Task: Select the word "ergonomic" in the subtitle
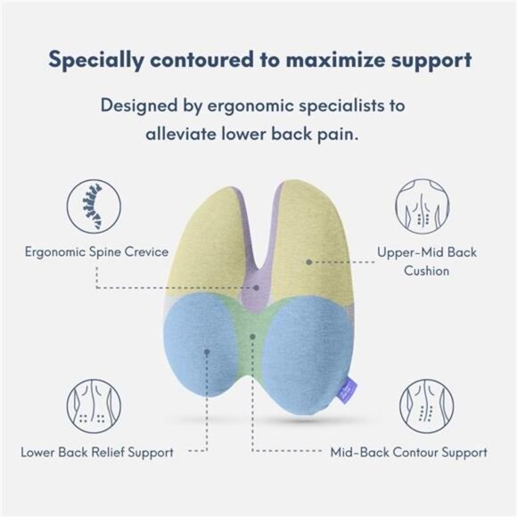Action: coord(229,105)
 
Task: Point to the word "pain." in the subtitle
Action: coord(351,135)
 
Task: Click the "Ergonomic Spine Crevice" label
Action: coord(96,251)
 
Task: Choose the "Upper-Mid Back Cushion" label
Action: coord(426,260)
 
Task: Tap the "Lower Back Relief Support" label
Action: coord(97,452)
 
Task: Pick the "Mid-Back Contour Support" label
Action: coord(409,452)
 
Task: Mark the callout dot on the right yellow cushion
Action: coord(308,262)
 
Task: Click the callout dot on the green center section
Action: coord(252,335)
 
